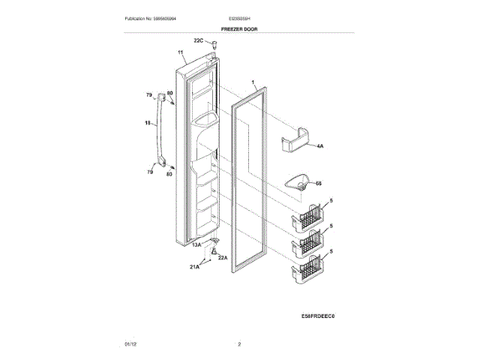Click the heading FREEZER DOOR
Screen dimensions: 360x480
click(239, 27)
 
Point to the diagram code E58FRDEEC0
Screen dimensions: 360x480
click(316, 316)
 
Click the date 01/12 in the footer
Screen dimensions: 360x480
click(129, 344)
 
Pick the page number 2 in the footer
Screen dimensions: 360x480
click(239, 344)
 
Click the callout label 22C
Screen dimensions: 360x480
click(198, 40)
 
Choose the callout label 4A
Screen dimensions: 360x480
click(319, 148)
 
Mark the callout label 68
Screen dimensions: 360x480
click(318, 183)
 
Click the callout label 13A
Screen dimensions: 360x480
click(196, 244)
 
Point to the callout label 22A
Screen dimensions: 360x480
click(222, 257)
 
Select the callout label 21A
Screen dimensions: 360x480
click(195, 267)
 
